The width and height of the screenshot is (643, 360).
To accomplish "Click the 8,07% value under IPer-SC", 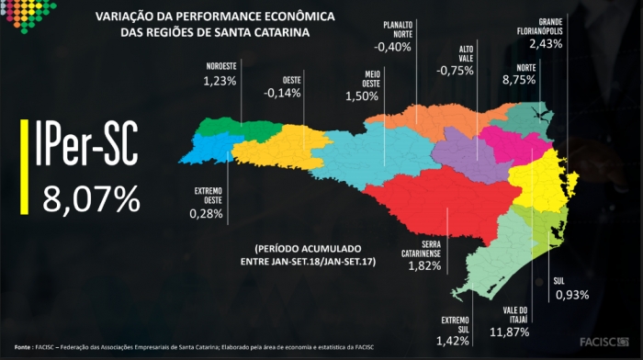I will pyautogui.click(x=90, y=197).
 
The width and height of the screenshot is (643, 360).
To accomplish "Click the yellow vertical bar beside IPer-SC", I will pyautogui.click(x=24, y=169).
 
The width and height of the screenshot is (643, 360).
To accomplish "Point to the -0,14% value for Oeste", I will pyautogui.click(x=282, y=93).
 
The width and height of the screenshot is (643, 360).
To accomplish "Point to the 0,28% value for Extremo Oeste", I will pyautogui.click(x=208, y=214).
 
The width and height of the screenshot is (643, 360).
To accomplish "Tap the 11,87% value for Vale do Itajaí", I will pyautogui.click(x=509, y=331).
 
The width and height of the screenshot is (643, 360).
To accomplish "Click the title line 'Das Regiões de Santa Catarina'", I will pyautogui.click(x=215, y=32).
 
